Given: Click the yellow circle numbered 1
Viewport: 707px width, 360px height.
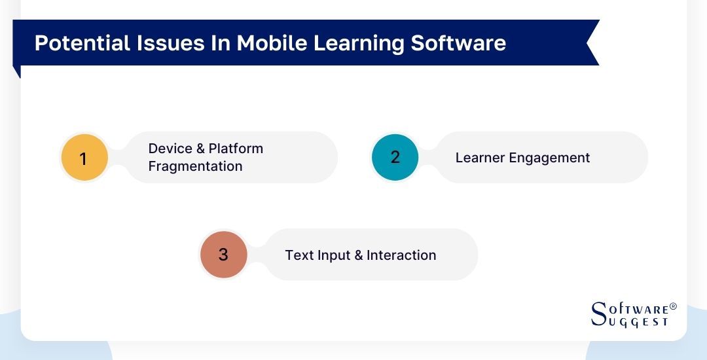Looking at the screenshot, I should [x=84, y=158].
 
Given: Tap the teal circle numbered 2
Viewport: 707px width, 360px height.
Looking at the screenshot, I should [x=395, y=157].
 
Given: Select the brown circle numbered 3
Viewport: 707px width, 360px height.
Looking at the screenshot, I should [x=223, y=255].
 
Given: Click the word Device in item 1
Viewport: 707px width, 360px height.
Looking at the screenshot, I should [x=170, y=149].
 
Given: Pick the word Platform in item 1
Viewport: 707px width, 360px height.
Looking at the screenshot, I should [x=236, y=149].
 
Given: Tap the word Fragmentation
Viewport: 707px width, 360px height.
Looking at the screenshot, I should [x=195, y=166].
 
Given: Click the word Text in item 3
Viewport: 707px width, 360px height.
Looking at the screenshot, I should [x=299, y=255].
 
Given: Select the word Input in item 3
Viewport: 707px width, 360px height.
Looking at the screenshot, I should [x=334, y=255].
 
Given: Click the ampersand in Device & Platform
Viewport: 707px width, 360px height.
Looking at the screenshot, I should [x=200, y=149].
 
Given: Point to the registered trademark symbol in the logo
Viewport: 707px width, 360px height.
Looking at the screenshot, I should [x=673, y=306].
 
